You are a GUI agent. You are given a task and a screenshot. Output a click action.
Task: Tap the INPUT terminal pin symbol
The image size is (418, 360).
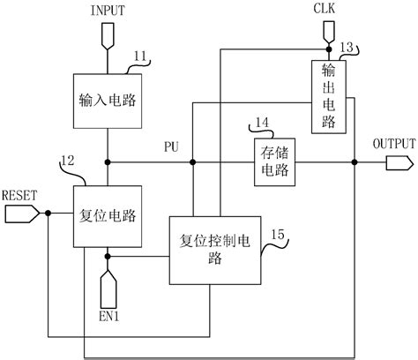108,36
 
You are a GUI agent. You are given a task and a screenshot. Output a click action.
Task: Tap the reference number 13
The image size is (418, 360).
347,48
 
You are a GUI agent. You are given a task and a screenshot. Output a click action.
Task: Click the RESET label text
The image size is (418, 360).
19,194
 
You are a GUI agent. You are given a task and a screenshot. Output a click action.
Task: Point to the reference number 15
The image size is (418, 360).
278,233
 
